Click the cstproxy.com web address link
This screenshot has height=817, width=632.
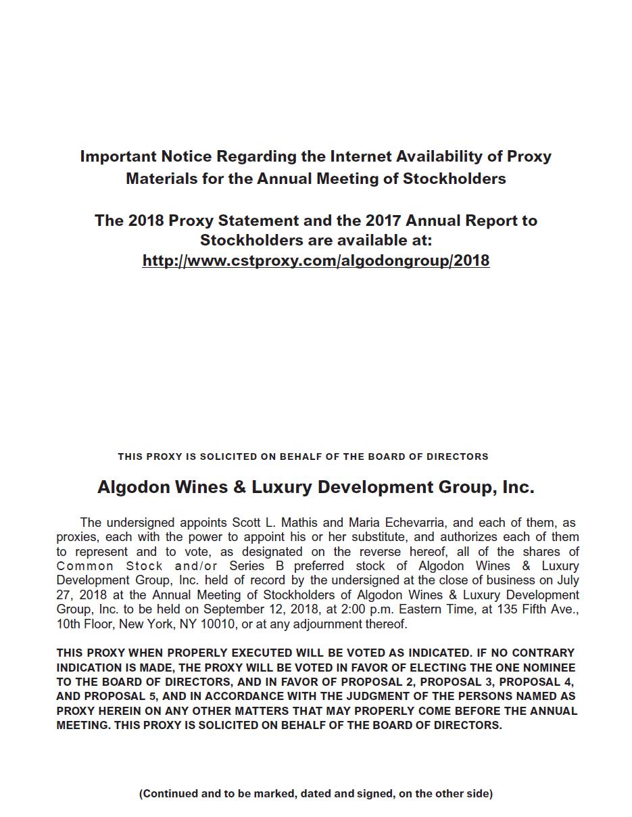316,261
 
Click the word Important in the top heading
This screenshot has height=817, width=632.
118,156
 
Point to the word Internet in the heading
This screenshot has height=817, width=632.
367,156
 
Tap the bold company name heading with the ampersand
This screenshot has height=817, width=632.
316,487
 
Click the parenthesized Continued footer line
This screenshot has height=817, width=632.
316,793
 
